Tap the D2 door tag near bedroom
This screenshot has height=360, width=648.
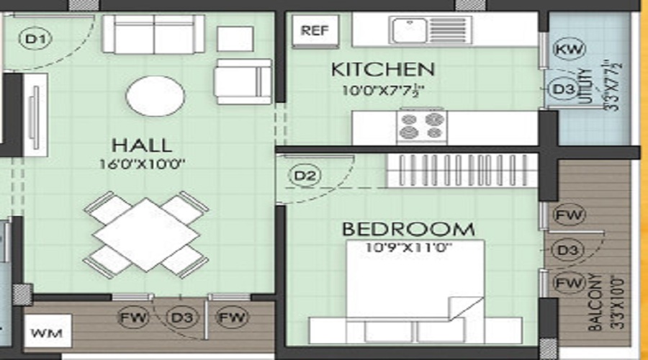pos(305,175)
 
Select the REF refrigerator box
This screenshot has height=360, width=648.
pos(315,30)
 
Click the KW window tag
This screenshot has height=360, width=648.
pos(569,49)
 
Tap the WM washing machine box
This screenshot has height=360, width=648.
pos(48,333)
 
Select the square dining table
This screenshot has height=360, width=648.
pos(146,234)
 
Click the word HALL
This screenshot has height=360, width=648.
pos(141,144)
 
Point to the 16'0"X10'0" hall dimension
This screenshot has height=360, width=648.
pos(143,164)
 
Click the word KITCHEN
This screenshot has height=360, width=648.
pos(382,70)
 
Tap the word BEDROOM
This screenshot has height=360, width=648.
pos(408,230)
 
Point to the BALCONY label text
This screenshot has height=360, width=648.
pos(595,302)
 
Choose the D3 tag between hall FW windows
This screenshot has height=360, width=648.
pos(180,316)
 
